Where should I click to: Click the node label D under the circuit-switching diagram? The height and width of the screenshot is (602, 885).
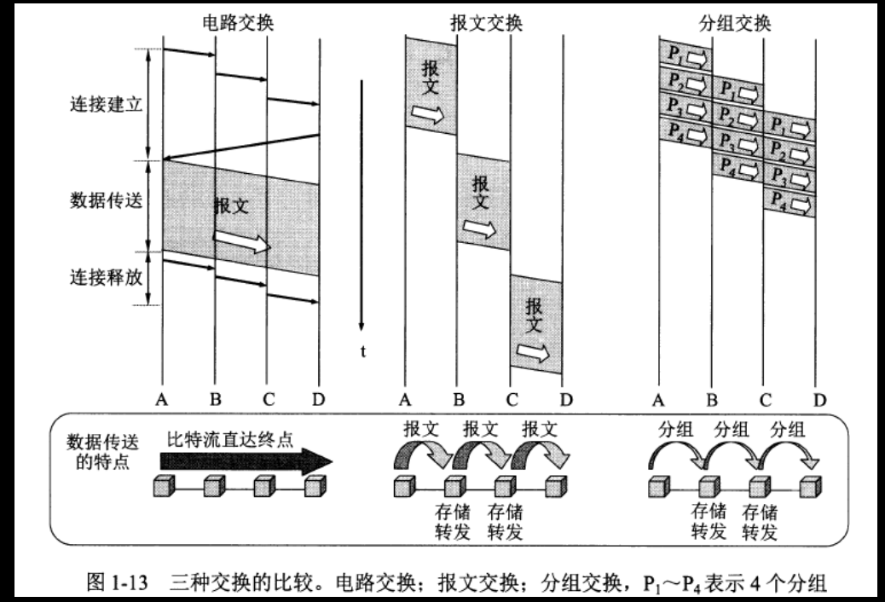tap(318, 398)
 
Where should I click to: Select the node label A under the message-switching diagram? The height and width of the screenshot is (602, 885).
tap(406, 398)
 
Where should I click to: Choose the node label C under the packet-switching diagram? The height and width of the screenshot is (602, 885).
tap(766, 398)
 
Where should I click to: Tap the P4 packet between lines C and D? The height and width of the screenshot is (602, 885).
tap(790, 203)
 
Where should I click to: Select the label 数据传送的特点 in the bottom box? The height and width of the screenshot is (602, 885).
tap(100, 454)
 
